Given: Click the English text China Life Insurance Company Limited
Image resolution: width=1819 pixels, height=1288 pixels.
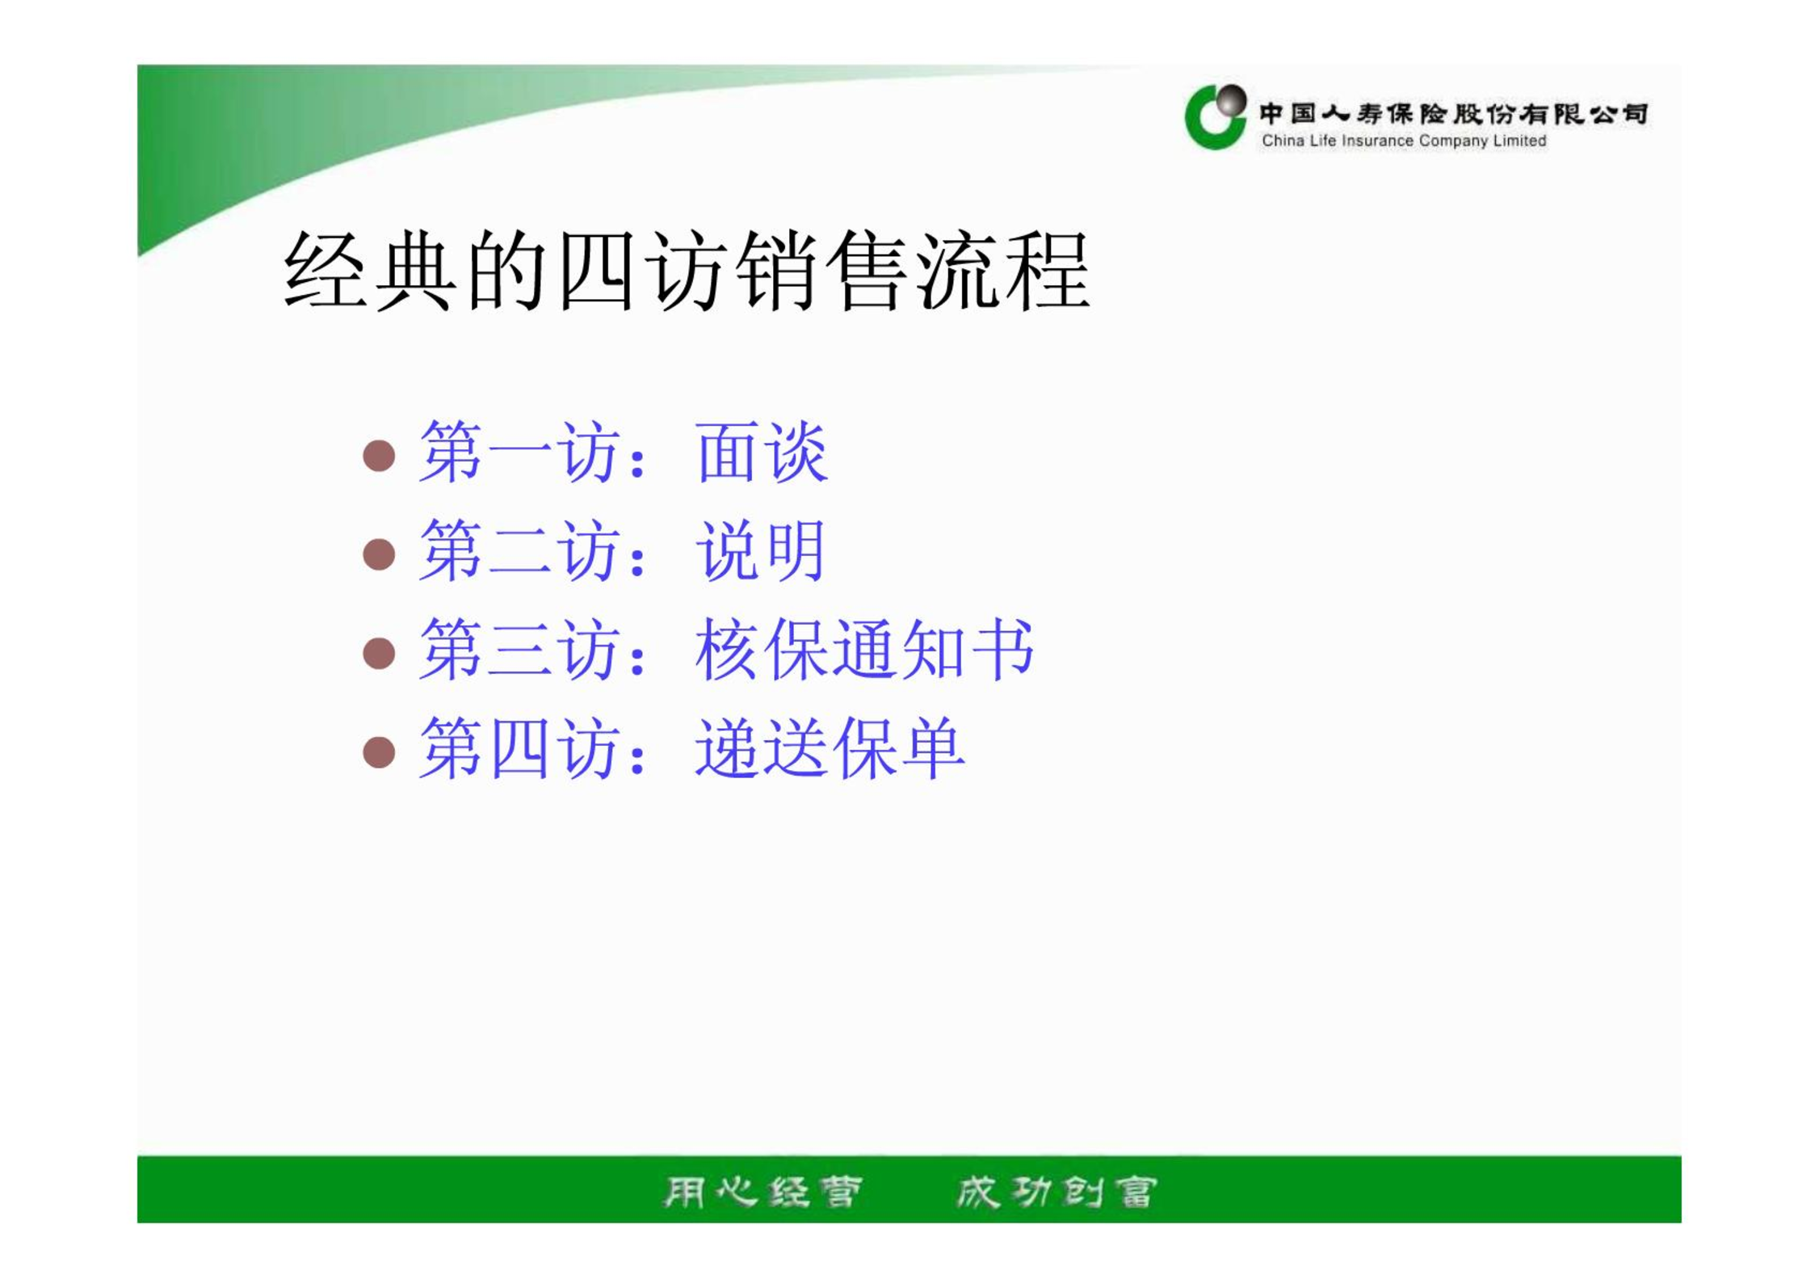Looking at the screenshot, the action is pos(1404,141).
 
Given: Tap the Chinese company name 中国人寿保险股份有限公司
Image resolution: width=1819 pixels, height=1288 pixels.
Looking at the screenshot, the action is pos(1453,113).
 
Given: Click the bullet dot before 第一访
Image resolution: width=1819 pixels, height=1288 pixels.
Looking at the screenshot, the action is pos(379,456).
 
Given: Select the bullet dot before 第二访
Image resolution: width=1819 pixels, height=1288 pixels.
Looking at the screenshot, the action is pos(379,554).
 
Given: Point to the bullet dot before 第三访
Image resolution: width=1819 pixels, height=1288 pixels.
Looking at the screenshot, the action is pos(379,653).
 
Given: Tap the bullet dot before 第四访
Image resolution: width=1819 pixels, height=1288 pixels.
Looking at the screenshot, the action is pos(379,752).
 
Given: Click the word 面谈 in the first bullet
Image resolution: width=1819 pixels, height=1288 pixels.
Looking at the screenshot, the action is pos(762,452).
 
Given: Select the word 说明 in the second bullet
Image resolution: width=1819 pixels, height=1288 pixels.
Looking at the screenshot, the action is pos(760,551).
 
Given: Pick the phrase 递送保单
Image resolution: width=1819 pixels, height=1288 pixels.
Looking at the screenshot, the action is pos(830,749).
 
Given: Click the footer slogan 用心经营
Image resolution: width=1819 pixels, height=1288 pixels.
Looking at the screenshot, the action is pos(762,1192).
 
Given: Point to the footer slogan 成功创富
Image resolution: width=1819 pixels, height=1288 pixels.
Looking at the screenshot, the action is pos(1057,1192).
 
